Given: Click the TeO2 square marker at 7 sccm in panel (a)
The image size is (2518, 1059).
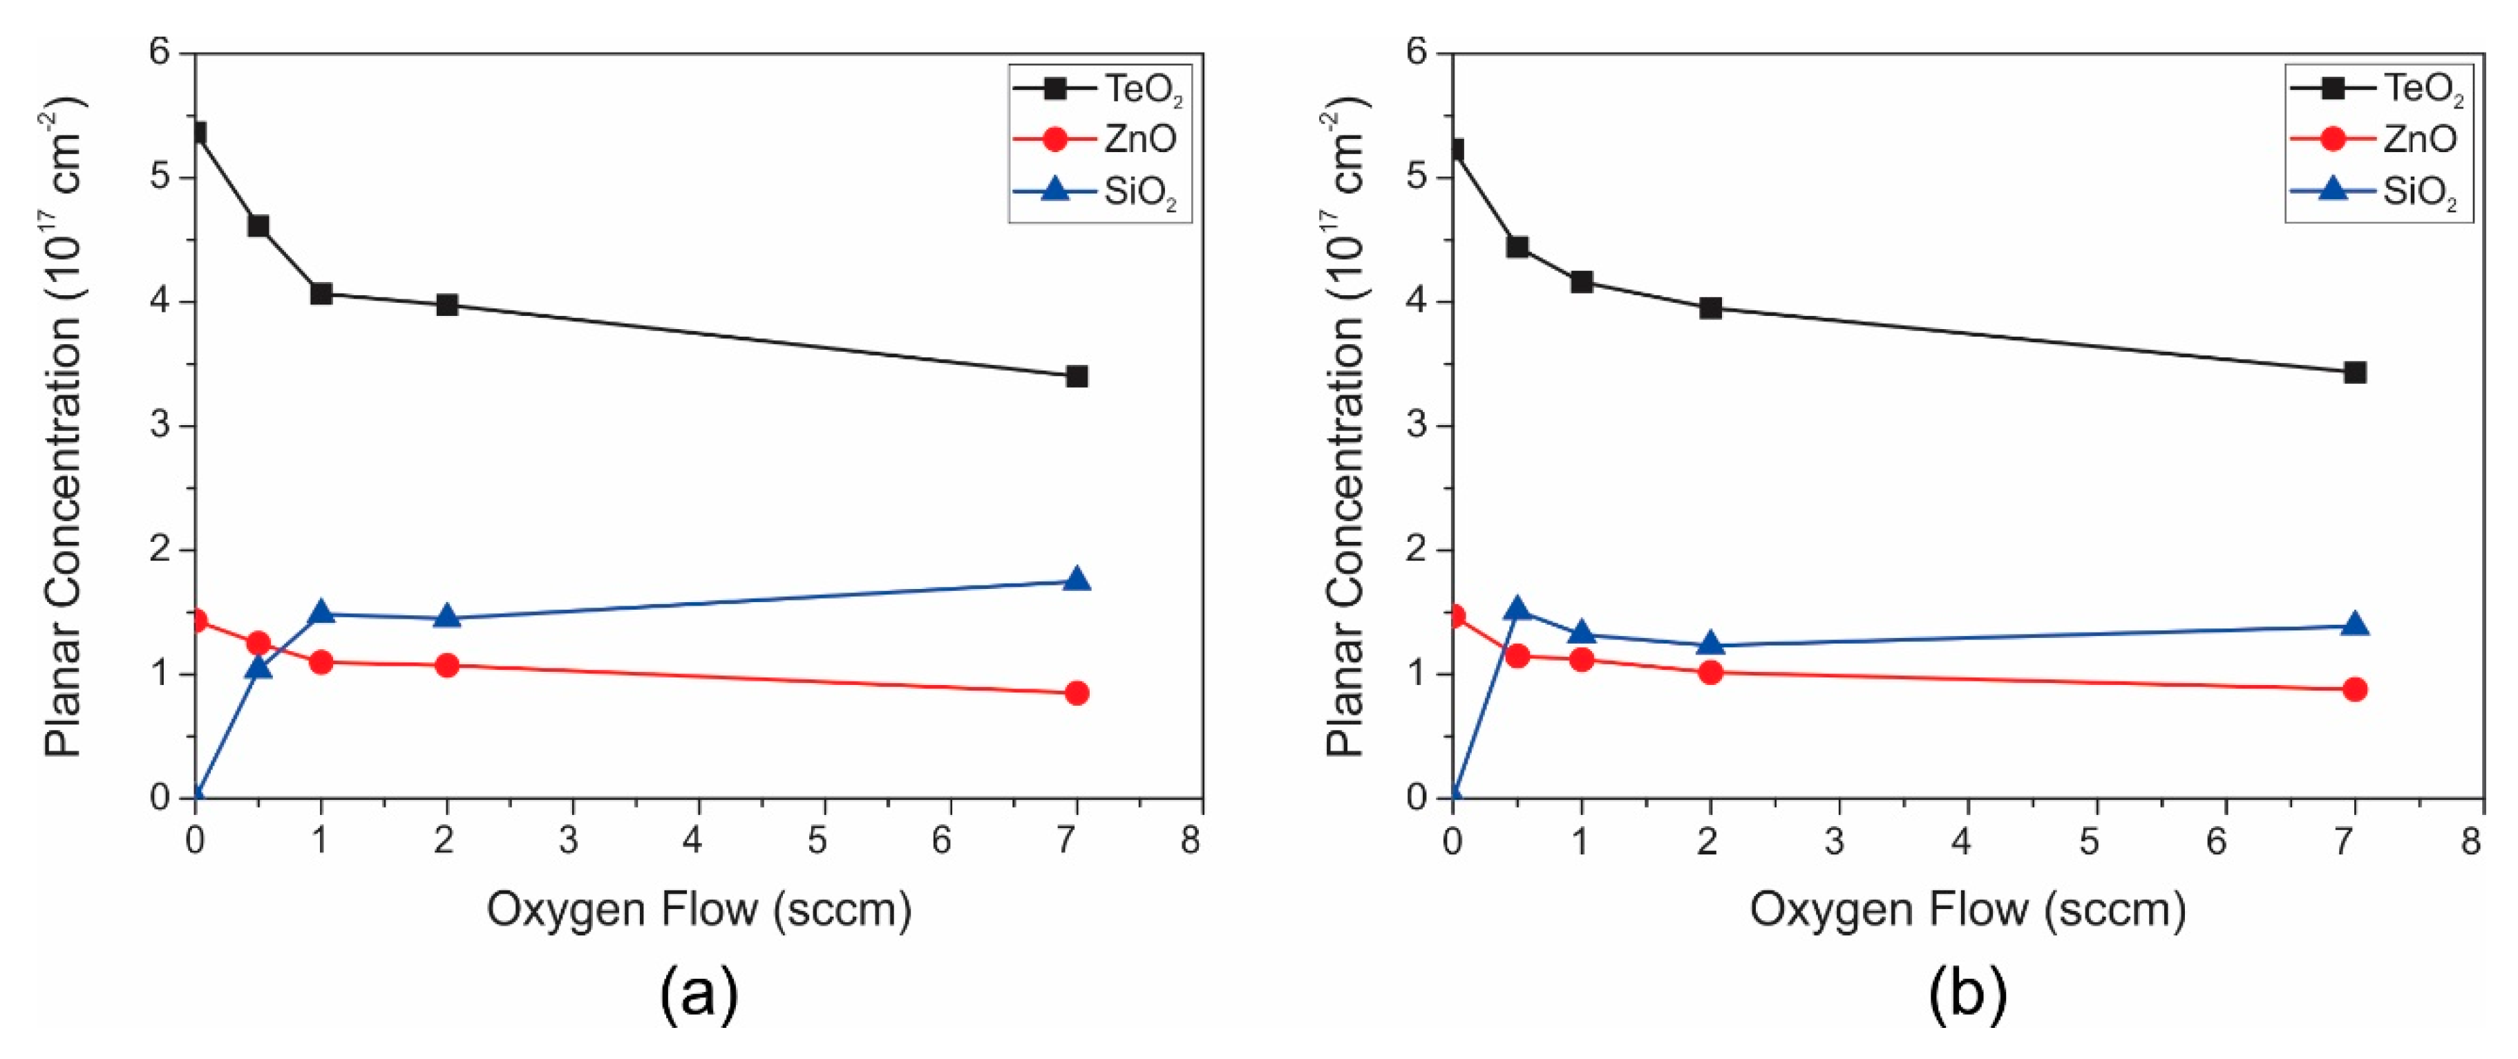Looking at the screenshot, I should click(x=1076, y=377).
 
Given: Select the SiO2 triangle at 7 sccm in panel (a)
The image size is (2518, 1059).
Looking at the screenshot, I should click(x=1076, y=580).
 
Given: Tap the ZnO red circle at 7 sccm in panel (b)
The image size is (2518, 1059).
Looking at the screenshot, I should click(x=2355, y=689).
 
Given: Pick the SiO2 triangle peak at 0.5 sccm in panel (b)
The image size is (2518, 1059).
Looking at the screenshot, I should click(x=1517, y=609).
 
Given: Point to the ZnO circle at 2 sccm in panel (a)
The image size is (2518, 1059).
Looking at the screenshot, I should click(x=446, y=666).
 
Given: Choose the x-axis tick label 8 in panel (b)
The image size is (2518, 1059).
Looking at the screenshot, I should click(x=2471, y=840).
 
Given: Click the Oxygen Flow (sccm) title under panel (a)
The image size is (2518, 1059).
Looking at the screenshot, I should click(x=699, y=910).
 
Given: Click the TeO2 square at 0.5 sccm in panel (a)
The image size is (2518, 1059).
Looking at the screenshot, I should click(x=258, y=226).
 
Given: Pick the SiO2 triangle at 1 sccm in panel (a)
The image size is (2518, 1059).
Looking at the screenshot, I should click(x=321, y=613).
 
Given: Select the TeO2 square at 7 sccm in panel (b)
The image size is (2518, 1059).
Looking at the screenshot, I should click(x=2355, y=373).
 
